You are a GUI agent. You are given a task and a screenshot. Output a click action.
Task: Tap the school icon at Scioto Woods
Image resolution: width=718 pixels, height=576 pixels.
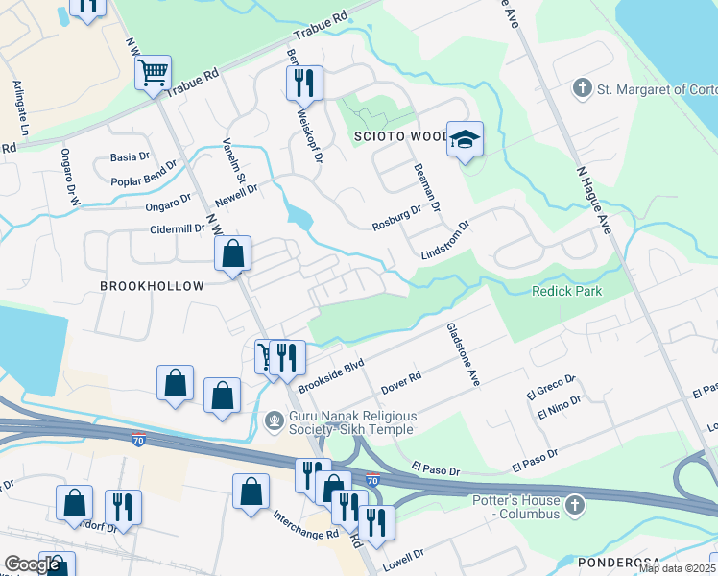(x=465, y=140)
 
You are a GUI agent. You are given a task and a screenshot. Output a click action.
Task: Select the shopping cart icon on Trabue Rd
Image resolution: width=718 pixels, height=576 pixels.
(x=154, y=72)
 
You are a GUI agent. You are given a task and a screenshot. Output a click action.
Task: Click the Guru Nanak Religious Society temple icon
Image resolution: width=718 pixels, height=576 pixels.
(x=275, y=420)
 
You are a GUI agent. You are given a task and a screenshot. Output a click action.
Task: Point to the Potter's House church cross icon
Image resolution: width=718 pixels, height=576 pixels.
(x=574, y=505)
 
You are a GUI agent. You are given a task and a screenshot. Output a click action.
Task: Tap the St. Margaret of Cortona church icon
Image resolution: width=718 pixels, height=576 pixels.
(x=582, y=89)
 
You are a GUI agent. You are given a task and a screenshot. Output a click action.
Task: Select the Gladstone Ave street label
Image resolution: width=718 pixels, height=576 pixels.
(x=462, y=353)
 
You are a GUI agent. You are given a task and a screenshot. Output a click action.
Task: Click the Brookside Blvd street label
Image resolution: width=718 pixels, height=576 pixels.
(x=332, y=376)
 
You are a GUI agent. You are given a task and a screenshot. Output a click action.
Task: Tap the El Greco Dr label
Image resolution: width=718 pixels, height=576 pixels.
(x=549, y=387)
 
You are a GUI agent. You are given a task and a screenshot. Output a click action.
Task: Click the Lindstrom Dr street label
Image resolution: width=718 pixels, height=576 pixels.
(x=445, y=240)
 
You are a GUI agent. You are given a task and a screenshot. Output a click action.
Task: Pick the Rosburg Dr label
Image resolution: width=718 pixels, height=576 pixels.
(x=397, y=218)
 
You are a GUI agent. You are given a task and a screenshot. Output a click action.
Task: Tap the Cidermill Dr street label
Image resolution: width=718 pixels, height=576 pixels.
(x=159, y=229)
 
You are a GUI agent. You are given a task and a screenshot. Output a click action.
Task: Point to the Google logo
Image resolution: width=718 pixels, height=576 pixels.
(x=33, y=564)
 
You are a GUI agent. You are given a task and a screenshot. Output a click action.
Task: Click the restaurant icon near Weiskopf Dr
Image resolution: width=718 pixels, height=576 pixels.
(x=304, y=84)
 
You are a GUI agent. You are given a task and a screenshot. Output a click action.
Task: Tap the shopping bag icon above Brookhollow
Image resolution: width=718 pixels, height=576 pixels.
(x=232, y=254)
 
